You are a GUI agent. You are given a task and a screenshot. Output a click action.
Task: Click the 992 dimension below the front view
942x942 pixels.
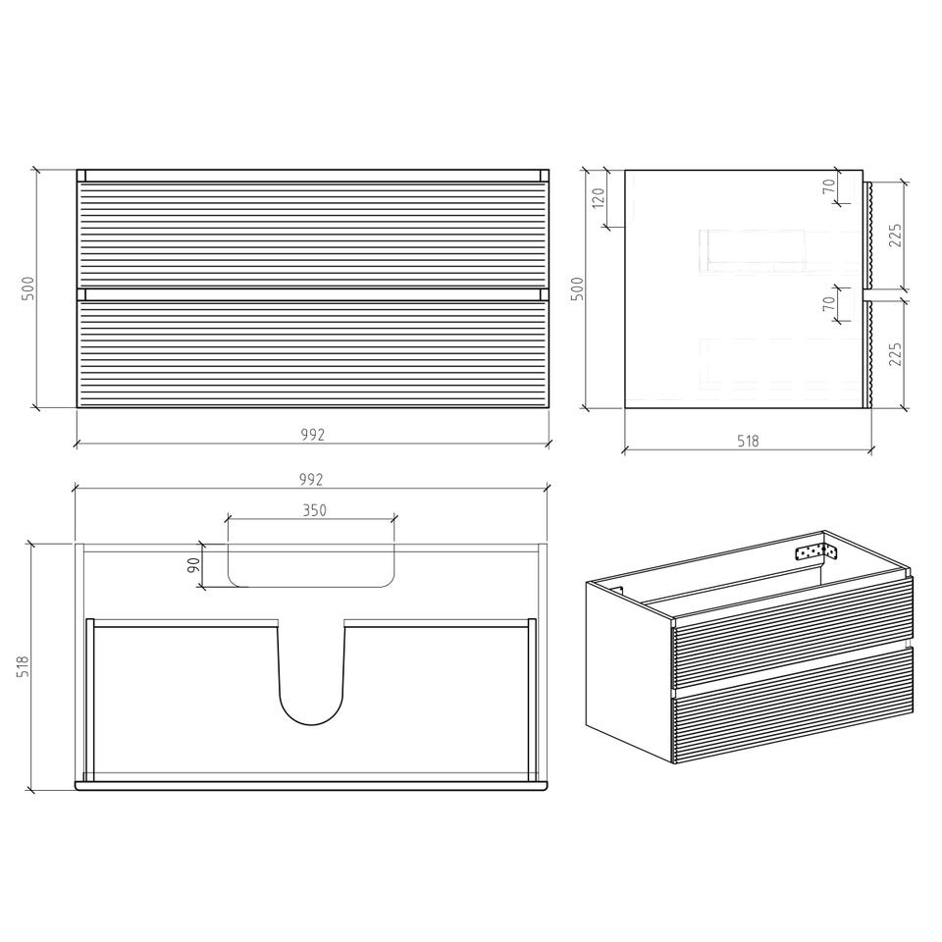pyautogui.click(x=312, y=435)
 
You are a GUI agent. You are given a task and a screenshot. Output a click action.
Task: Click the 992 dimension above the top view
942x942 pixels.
pyautogui.click(x=311, y=479)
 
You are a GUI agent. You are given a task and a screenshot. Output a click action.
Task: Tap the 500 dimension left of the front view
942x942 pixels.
pyautogui.click(x=28, y=288)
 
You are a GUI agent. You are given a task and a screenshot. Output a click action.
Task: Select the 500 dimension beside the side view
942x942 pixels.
pyautogui.click(x=577, y=288)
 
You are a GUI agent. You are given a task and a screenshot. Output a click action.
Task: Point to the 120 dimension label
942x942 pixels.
pyautogui.click(x=599, y=198)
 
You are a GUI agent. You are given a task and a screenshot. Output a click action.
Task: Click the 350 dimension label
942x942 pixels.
pyautogui.click(x=314, y=510)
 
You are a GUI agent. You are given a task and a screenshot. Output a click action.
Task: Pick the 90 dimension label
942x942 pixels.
pyautogui.click(x=193, y=565)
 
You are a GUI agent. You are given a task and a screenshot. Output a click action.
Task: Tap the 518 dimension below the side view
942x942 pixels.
pyautogui.click(x=748, y=441)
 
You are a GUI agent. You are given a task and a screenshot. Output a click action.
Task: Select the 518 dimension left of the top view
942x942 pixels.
pyautogui.click(x=23, y=666)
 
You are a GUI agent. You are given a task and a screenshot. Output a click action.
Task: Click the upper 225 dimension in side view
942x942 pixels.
pyautogui.click(x=895, y=236)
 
